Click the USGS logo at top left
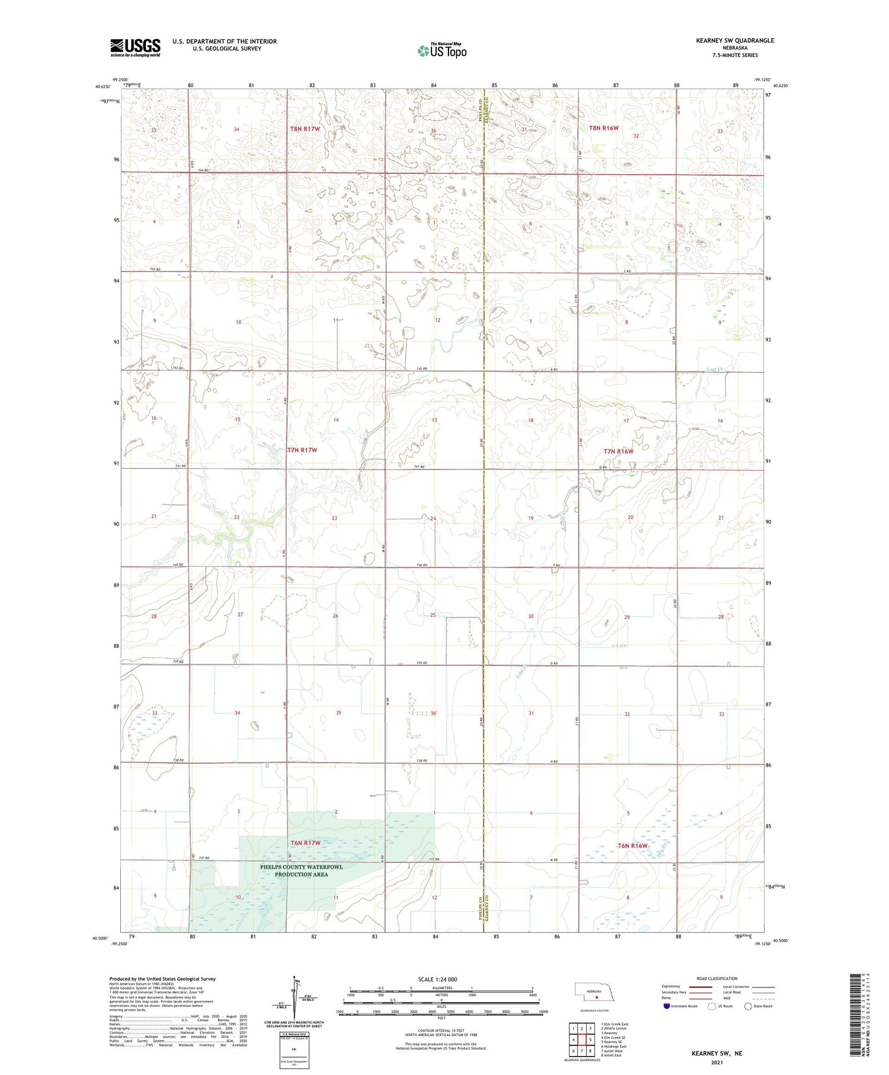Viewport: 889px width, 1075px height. [x=135, y=47]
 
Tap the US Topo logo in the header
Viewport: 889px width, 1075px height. [x=442, y=51]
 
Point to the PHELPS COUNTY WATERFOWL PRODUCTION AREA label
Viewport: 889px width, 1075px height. [x=301, y=870]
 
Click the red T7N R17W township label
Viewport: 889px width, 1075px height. [x=302, y=450]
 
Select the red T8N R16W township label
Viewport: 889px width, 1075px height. [x=603, y=128]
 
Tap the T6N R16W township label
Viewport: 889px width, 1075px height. [x=632, y=846]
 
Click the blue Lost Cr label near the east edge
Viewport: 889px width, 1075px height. [x=715, y=369]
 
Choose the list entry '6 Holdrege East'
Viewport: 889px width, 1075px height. [x=613, y=1046]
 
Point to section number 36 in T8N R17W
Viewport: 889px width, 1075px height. [x=434, y=131]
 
